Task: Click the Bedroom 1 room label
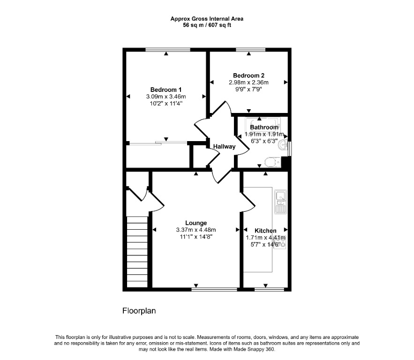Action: pyautogui.click(x=166, y=90)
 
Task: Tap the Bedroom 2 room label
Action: pyautogui.click(x=248, y=75)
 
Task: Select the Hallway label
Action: pyautogui.click(x=224, y=146)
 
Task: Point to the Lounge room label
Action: pyautogui.click(x=196, y=223)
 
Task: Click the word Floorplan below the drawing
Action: pyautogui.click(x=139, y=311)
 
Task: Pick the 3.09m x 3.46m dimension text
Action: pyautogui.click(x=166, y=97)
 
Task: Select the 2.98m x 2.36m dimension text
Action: pyautogui.click(x=248, y=82)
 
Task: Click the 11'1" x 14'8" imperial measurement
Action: pyautogui.click(x=196, y=237)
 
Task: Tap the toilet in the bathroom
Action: pyautogui.click(x=272, y=162)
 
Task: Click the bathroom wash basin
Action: pyautogui.click(x=284, y=145)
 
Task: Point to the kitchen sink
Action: pyautogui.click(x=280, y=202)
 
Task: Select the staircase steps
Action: pyautogui.click(x=137, y=252)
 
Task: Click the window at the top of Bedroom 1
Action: pyautogui.click(x=168, y=50)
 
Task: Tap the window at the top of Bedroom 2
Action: pyautogui.click(x=250, y=50)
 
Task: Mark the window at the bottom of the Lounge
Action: pyautogui.click(x=214, y=290)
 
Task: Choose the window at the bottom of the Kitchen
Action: pyautogui.click(x=269, y=290)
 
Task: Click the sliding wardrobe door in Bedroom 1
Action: pyautogui.click(x=158, y=143)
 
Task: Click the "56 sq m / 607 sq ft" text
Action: pyautogui.click(x=207, y=25)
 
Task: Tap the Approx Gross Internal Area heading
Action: pyautogui.click(x=207, y=19)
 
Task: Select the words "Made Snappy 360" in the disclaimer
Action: pyautogui.click(x=254, y=349)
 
